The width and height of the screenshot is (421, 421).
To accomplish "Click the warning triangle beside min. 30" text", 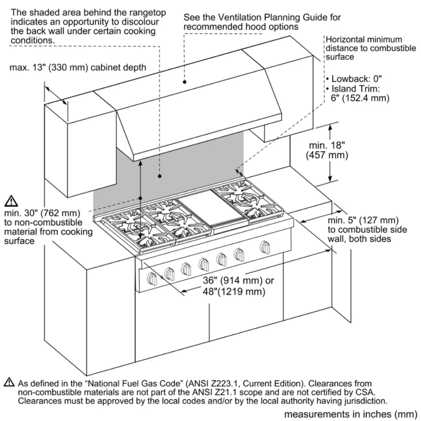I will click(12, 201).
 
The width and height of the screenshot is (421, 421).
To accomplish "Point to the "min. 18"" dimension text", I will click(326, 145).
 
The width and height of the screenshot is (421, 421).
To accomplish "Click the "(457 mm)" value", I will click(327, 155).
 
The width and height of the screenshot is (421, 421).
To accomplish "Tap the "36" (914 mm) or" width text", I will click(238, 281).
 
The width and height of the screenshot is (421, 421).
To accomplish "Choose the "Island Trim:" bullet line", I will click(355, 88).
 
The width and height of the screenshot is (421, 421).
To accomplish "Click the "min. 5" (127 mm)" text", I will click(363, 220).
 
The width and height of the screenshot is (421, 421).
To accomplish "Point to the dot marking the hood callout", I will click(184, 82).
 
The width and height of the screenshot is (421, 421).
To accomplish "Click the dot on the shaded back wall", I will click(159, 176).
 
